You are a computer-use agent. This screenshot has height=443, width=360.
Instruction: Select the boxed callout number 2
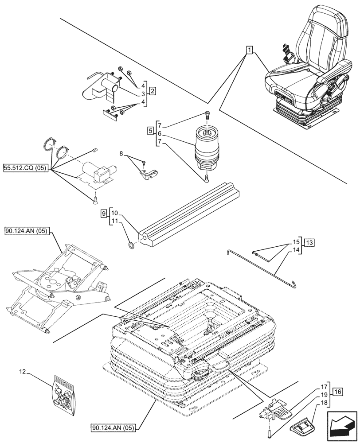pyautogui.click(x=152, y=92)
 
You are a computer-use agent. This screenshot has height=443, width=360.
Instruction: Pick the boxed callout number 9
pyautogui.click(x=103, y=214)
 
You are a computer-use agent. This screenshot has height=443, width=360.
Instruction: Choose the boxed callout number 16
pyautogui.click(x=338, y=392)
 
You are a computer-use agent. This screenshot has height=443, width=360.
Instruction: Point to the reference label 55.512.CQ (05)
pyautogui.click(x=25, y=169)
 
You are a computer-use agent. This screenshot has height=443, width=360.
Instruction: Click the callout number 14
pyautogui.click(x=296, y=250)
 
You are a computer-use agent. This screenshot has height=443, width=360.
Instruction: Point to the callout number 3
pyautogui.click(x=143, y=94)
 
